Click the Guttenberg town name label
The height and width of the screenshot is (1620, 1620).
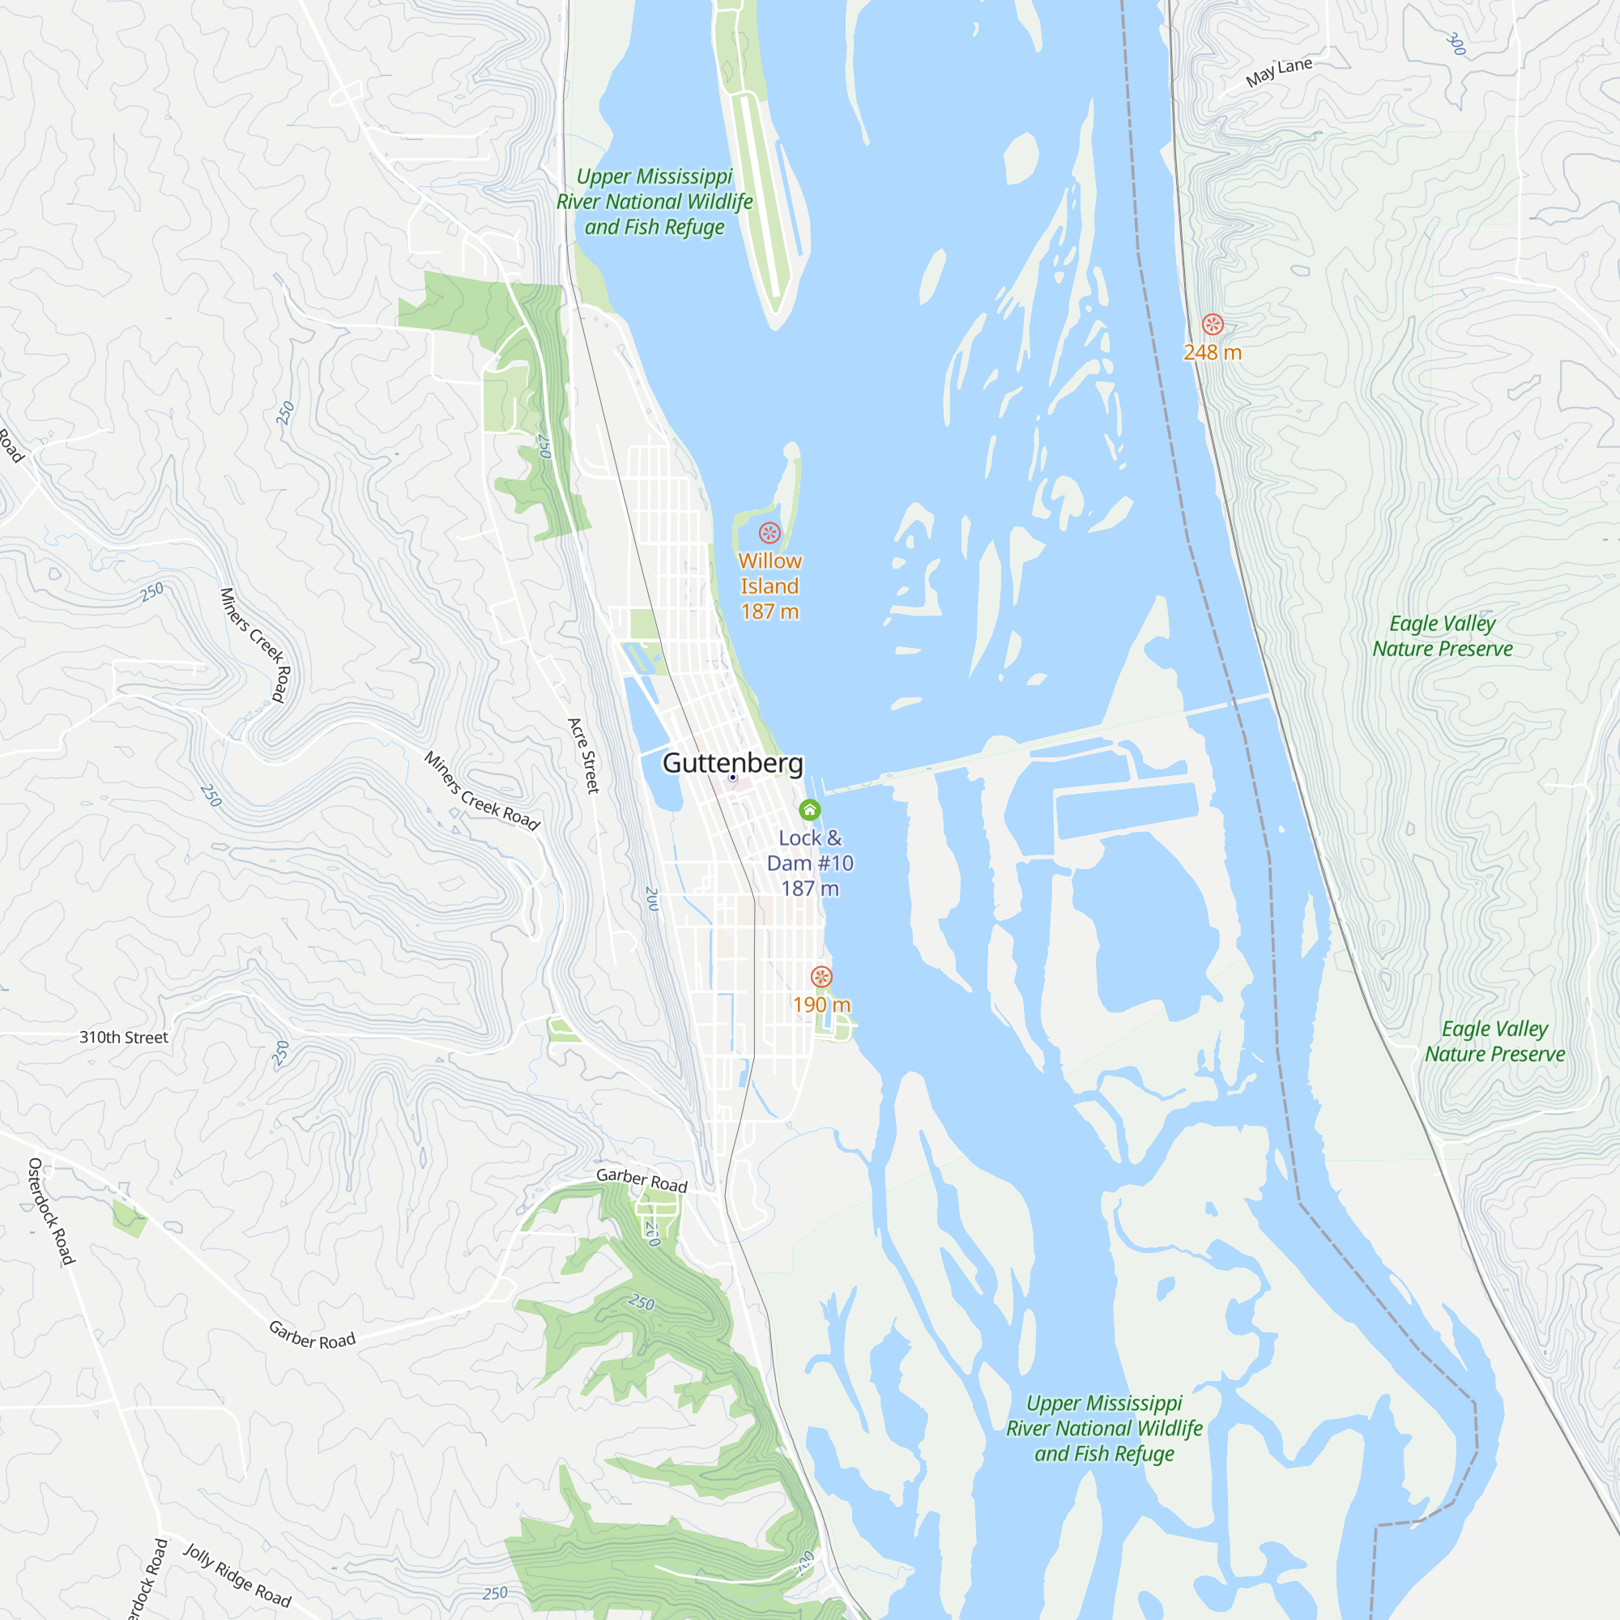click(732, 762)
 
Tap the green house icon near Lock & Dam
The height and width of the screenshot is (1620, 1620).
click(809, 809)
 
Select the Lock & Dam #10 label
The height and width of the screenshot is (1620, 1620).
click(809, 863)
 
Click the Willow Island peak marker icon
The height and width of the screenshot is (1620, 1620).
click(769, 532)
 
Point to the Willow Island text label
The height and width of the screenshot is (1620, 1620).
click(769, 573)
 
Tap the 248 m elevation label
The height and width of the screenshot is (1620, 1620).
click(1212, 353)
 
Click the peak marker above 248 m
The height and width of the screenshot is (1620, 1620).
click(1213, 325)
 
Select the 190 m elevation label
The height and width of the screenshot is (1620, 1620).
click(821, 1004)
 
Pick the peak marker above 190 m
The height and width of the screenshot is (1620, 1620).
click(821, 977)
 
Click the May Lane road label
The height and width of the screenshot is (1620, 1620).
click(1278, 72)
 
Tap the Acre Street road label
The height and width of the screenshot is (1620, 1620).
click(583, 756)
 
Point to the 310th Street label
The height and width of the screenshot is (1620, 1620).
click(124, 1038)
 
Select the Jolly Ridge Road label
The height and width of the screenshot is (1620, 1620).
click(237, 1576)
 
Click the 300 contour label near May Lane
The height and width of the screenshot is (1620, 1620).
click(1456, 45)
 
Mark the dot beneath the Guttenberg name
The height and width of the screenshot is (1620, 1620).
click(732, 778)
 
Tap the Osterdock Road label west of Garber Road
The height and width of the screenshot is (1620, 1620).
click(51, 1211)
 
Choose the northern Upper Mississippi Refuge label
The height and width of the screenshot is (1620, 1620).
click(654, 201)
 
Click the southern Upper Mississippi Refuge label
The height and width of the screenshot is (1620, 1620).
click(1103, 1428)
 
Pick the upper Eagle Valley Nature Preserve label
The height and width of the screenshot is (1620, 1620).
click(1443, 636)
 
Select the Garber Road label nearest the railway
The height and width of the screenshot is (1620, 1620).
click(642, 1180)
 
